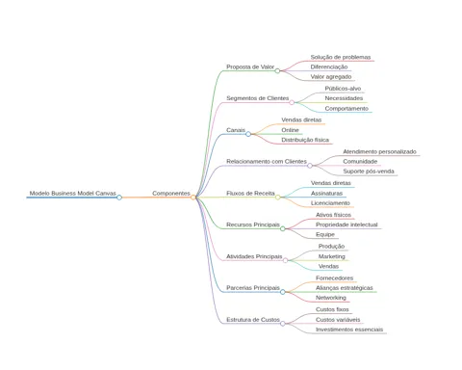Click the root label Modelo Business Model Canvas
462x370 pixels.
[x=73, y=194]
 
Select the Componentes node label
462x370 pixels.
[x=171, y=194]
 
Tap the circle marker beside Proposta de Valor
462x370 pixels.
[x=277, y=70]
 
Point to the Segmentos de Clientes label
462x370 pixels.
[x=258, y=98]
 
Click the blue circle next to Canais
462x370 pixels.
[x=248, y=134]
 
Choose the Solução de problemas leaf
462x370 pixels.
[x=341, y=57]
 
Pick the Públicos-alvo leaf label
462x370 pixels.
[x=343, y=89]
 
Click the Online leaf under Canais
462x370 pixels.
[x=290, y=130]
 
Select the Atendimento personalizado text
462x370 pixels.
[x=379, y=151]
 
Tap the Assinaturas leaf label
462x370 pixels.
[x=326, y=194]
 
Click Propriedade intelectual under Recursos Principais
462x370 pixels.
[x=346, y=225]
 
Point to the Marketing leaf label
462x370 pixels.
[x=332, y=256]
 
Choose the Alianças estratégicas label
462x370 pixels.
[x=345, y=288]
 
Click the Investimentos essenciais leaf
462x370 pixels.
[x=349, y=330]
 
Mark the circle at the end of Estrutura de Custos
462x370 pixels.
[x=283, y=324]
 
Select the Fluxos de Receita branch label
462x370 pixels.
[x=250, y=194]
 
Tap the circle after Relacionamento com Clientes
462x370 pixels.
[x=310, y=166]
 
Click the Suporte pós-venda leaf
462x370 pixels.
[x=369, y=172]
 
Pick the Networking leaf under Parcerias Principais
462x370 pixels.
[x=331, y=298]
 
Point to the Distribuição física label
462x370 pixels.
[x=305, y=140]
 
